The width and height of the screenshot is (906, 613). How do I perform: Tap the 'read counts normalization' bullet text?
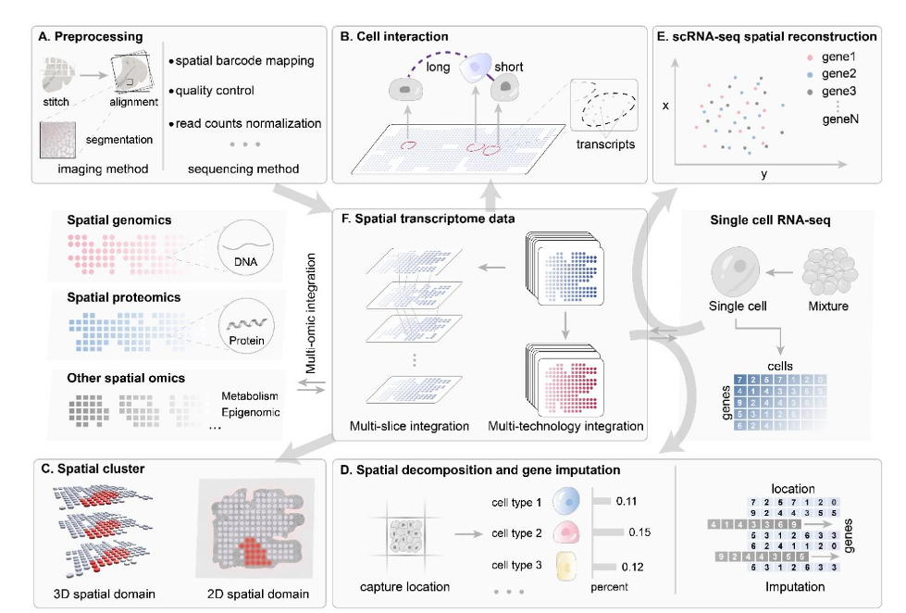coord(248,122)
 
